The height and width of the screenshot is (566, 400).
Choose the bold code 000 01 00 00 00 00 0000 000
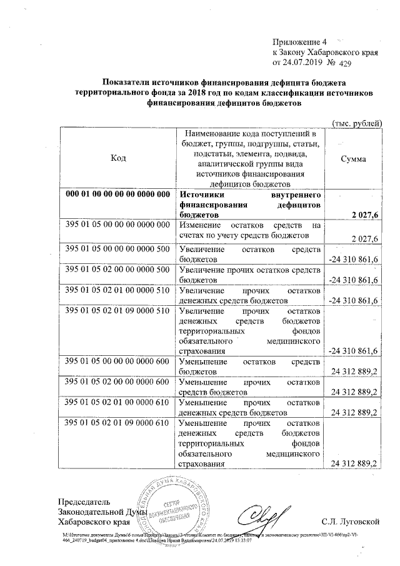pyautogui.click(x=119, y=194)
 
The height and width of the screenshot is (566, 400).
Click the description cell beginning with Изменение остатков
pyautogui.click(x=249, y=230)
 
